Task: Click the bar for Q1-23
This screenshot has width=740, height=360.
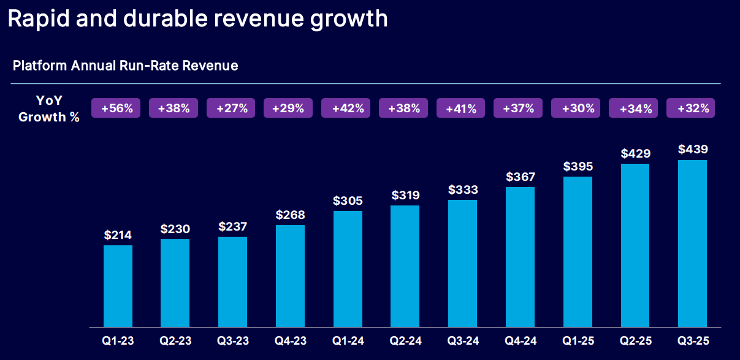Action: click(x=118, y=286)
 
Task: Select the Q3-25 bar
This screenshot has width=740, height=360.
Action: click(x=692, y=243)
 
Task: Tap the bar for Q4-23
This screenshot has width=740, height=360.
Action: click(x=290, y=275)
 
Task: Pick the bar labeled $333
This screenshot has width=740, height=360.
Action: click(x=462, y=263)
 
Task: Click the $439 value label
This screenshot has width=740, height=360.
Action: click(x=692, y=149)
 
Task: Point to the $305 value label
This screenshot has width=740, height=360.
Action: click(x=348, y=200)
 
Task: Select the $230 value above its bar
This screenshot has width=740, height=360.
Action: click(x=175, y=229)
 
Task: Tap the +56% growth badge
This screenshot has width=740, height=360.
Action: click(x=116, y=109)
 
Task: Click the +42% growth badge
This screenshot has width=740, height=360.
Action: click(x=348, y=109)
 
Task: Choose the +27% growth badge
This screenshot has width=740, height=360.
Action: click(x=232, y=109)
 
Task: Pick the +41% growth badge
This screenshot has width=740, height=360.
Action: click(x=462, y=109)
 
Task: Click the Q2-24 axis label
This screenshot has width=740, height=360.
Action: click(x=405, y=341)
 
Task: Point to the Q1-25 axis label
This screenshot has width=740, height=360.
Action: click(x=578, y=341)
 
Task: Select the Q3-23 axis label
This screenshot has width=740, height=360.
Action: click(x=233, y=341)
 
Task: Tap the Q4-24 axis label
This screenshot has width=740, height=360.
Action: click(x=520, y=341)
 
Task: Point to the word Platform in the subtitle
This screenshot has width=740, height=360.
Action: click(x=39, y=65)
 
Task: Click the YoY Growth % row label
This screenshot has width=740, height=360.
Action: click(x=49, y=109)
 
